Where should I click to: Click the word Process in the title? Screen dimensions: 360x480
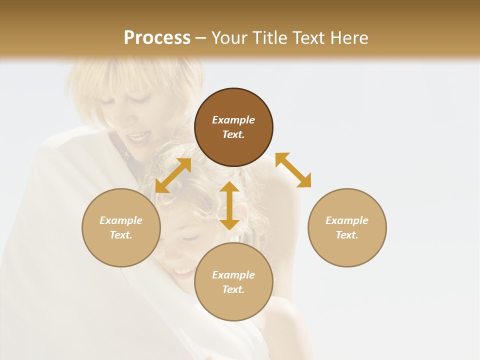click(x=157, y=38)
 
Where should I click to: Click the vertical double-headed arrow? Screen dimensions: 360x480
click(x=229, y=205)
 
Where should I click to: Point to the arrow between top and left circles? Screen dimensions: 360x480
click(x=173, y=175)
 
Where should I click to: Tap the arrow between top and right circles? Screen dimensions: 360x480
click(x=293, y=170)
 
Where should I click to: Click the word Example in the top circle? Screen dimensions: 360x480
click(x=233, y=120)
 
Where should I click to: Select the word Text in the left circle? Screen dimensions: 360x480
click(x=121, y=235)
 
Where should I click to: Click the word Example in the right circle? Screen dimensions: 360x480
click(x=347, y=220)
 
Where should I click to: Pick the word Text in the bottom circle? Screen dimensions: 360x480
click(x=233, y=289)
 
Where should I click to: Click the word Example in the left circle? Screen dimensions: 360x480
click(x=121, y=220)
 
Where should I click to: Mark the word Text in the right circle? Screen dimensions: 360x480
click(x=347, y=235)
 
